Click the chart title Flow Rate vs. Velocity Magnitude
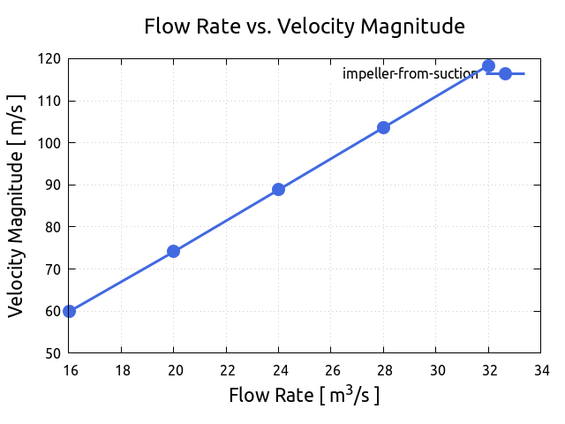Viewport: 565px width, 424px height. pos(304,27)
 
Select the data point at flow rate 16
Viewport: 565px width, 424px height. pos(69,311)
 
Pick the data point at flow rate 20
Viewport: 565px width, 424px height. pos(173,251)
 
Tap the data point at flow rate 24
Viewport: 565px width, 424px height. pos(278,189)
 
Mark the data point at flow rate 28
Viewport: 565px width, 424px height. pos(383,127)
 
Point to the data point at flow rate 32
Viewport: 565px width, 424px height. pos(488,65)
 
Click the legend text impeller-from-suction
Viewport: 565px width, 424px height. pos(410,74)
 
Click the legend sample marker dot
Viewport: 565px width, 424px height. pos(505,73)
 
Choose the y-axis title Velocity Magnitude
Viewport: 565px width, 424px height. pos(16,206)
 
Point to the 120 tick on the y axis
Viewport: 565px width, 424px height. pos(51,59)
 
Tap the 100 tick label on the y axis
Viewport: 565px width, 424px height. pos(51,143)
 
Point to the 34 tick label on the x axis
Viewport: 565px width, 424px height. pos(540,370)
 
